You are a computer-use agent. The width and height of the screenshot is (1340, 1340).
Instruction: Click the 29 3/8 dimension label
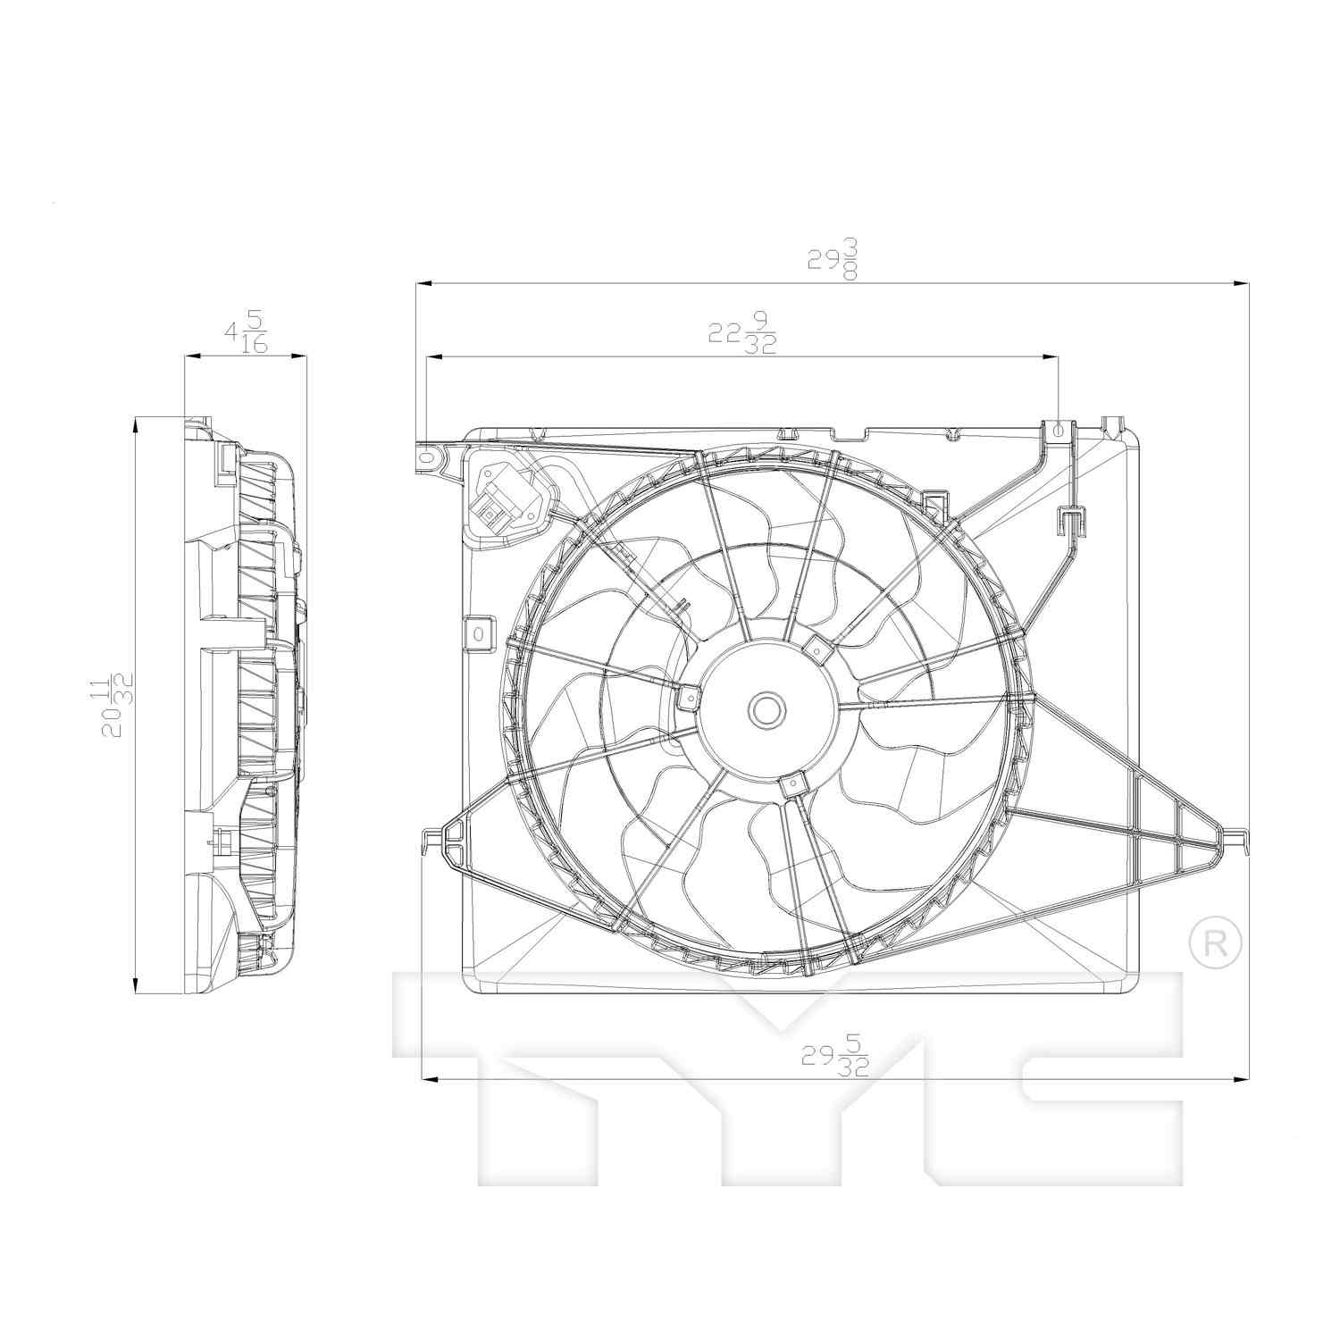[x=833, y=259]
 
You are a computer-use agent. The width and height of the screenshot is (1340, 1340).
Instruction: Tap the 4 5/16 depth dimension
[x=246, y=332]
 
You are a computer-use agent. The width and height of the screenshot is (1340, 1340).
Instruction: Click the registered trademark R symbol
[x=1216, y=942]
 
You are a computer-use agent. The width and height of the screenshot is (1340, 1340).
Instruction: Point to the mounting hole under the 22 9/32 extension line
[x=1059, y=430]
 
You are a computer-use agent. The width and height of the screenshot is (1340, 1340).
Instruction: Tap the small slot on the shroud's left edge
[x=478, y=632]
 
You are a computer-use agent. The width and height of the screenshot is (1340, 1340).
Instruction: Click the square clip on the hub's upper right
[x=817, y=647]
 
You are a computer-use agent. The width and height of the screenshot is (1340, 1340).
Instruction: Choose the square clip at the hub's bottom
[x=792, y=784]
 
